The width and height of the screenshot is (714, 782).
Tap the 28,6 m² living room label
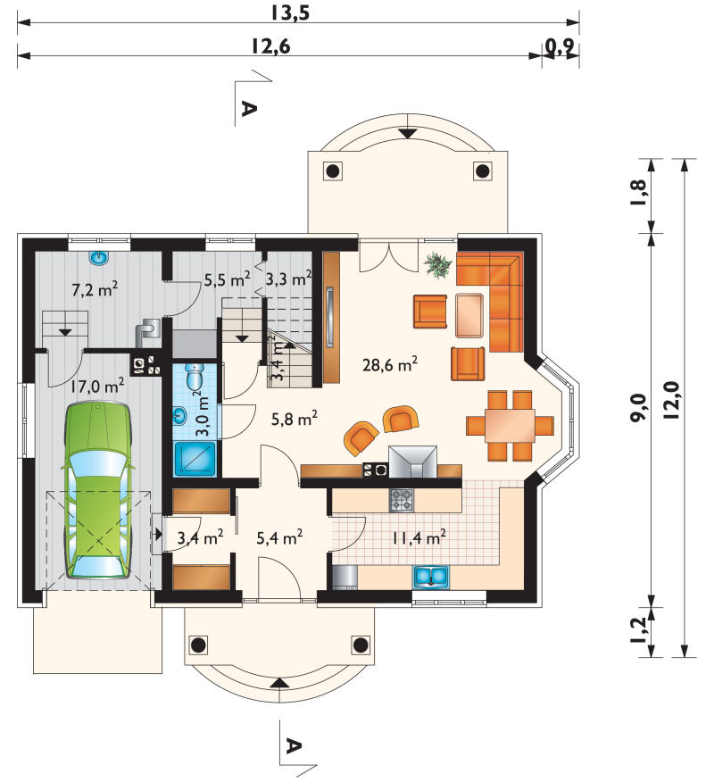(390, 364)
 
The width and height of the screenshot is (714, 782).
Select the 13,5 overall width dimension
(291, 12)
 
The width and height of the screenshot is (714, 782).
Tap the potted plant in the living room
(438, 264)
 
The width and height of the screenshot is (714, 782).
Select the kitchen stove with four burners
(402, 500)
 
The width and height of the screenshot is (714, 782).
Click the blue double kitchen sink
(430, 576)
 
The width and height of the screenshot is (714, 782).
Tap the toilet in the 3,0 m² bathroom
(195, 376)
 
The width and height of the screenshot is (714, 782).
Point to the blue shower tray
(195, 458)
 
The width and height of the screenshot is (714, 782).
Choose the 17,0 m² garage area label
(96, 386)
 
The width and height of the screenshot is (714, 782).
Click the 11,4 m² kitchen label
(419, 537)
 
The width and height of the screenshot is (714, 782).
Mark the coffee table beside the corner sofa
(469, 316)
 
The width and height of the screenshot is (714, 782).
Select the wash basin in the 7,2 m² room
(99, 258)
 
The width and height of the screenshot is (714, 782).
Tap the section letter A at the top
(249, 108)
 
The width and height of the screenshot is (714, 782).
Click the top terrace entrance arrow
(408, 133)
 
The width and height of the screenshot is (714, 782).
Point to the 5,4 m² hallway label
(279, 537)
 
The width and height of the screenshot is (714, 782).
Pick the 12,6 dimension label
(270, 46)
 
